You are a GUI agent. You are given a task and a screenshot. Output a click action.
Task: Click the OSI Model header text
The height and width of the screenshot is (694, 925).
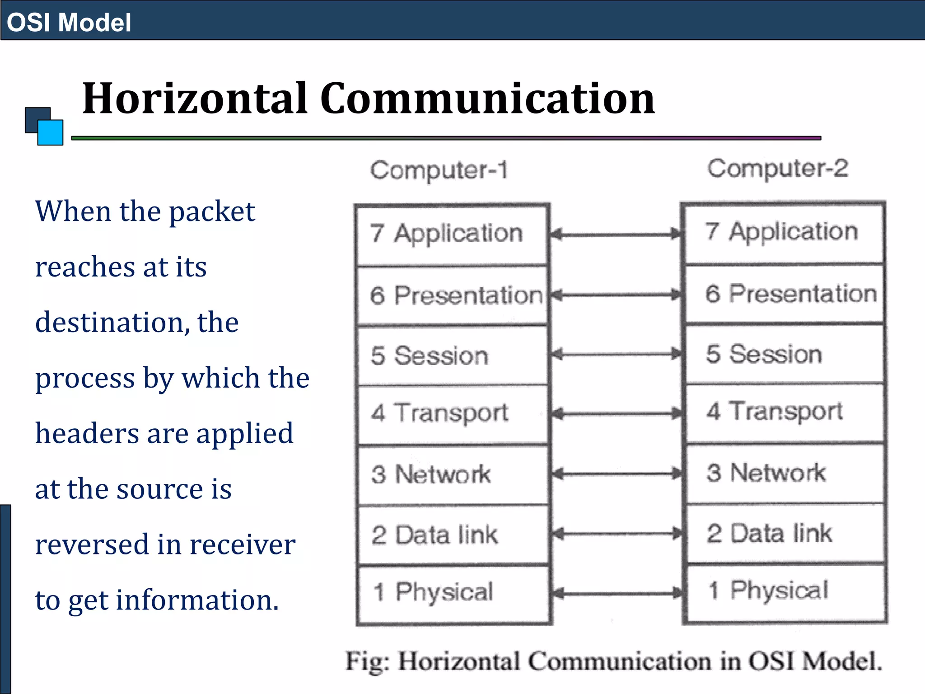pyautogui.click(x=69, y=22)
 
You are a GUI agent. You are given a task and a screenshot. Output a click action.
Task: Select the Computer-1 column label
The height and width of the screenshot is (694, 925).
pyautogui.click(x=439, y=170)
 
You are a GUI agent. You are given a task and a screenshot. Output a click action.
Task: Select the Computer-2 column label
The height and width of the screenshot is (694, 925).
pyautogui.click(x=778, y=168)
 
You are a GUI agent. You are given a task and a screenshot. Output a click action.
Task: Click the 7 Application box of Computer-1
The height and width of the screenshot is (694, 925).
pyautogui.click(x=452, y=234)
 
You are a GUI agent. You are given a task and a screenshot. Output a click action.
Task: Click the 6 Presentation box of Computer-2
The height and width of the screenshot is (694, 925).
pyautogui.click(x=785, y=294)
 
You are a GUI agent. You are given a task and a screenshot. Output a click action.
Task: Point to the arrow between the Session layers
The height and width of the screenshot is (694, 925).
pyautogui.click(x=617, y=354)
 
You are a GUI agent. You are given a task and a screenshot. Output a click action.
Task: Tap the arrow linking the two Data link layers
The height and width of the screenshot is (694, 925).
pyautogui.click(x=617, y=534)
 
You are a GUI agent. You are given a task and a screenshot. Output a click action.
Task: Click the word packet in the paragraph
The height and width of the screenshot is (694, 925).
pyautogui.click(x=212, y=212)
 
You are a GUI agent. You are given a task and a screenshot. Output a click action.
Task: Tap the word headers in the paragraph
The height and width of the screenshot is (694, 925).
pyautogui.click(x=87, y=433)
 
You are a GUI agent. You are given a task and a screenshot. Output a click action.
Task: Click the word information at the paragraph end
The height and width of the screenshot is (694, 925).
pyautogui.click(x=197, y=600)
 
